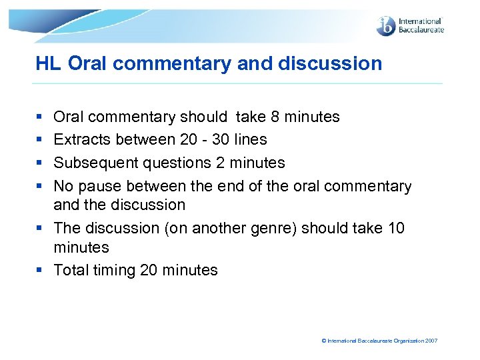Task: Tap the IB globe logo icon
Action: tap(386, 27)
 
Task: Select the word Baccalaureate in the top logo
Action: tap(421, 30)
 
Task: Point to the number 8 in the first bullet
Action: tap(275, 117)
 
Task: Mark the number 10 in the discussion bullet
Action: tap(396, 228)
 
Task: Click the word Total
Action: tap(70, 270)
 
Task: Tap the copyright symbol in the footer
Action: tap(324, 341)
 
